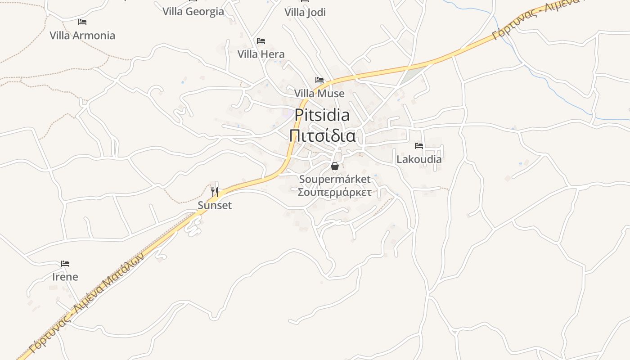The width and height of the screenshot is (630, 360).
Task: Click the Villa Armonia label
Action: (82, 36)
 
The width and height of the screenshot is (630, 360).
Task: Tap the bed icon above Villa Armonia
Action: (82, 22)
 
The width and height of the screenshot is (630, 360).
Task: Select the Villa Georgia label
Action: (193, 12)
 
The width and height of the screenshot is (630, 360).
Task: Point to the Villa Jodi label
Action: (305, 13)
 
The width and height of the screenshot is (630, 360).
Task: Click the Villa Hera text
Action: (261, 54)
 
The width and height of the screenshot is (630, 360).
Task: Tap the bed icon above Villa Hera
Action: (261, 41)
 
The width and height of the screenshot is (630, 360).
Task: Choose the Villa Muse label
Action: (319, 94)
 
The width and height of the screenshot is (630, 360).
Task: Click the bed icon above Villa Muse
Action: (319, 80)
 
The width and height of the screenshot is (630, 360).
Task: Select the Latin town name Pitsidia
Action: (322, 115)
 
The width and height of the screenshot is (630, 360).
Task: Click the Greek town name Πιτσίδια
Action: (322, 135)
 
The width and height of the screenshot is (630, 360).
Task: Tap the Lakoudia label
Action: (419, 159)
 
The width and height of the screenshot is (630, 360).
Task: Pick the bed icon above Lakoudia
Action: (419, 146)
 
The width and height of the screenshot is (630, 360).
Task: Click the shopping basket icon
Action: (334, 166)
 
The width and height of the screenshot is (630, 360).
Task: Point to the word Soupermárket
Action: (335, 179)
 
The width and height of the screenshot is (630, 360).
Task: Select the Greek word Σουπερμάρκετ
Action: (335, 193)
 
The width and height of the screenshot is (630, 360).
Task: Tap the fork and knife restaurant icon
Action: (215, 192)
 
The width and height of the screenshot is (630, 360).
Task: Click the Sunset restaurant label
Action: (215, 206)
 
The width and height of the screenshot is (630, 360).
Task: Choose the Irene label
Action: (65, 277)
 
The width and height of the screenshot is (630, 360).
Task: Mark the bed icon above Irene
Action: (65, 263)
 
